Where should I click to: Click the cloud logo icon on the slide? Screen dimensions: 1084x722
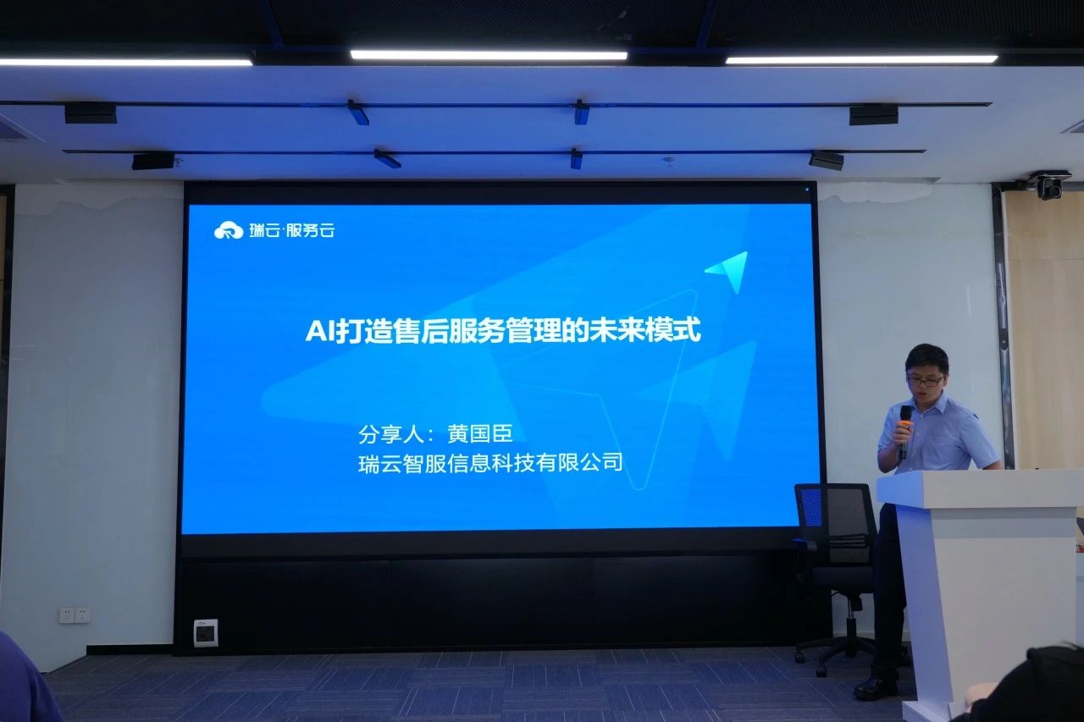pyautogui.click(x=229, y=230)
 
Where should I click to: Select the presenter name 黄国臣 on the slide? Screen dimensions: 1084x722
pyautogui.click(x=479, y=433)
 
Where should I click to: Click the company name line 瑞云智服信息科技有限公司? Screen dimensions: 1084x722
pyautogui.click(x=490, y=463)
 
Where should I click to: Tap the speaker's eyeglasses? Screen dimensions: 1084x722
pyautogui.click(x=925, y=380)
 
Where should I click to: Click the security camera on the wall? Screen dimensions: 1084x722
pyautogui.click(x=1048, y=185)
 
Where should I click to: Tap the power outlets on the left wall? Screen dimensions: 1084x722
pyautogui.click(x=75, y=615)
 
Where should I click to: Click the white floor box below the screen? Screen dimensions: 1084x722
pyautogui.click(x=206, y=632)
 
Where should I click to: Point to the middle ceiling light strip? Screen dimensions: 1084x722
pyautogui.click(x=489, y=55)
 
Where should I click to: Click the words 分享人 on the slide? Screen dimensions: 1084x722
pyautogui.click(x=391, y=433)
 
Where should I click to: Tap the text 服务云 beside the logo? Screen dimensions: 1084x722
pyautogui.click(x=310, y=230)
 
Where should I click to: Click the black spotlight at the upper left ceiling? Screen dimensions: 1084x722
pyautogui.click(x=91, y=113)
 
